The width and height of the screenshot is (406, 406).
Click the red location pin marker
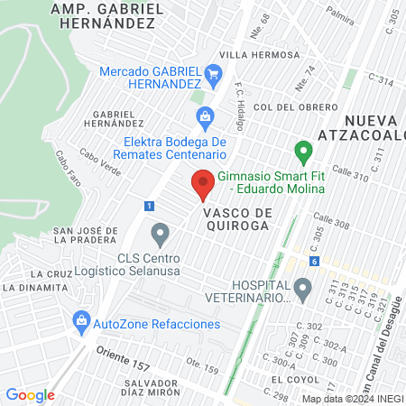point(203,185)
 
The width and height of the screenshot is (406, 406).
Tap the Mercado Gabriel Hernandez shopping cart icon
point(213,73)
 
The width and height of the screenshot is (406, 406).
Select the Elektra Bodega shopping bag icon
point(205,116)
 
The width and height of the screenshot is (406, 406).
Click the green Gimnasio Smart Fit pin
point(304,152)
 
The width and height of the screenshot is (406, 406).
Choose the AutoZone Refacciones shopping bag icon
point(82,321)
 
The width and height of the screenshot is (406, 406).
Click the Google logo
point(30,394)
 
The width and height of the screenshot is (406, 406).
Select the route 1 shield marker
point(147,206)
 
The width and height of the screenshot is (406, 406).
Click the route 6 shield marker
point(313,261)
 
